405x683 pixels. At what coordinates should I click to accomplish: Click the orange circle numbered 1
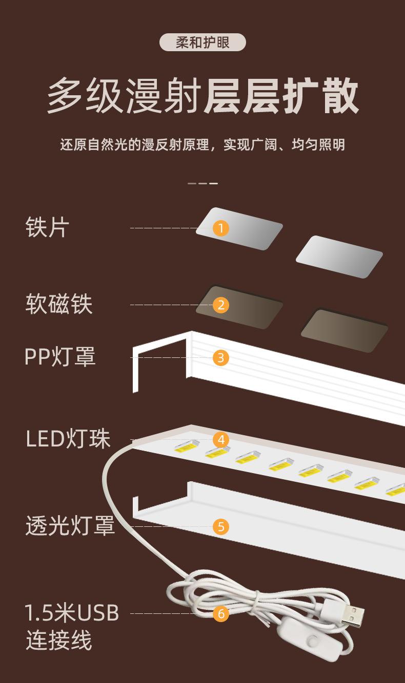[x=220, y=228]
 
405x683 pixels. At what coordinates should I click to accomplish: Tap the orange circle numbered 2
[x=220, y=305]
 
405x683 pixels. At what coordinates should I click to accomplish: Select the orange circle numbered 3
[x=220, y=357]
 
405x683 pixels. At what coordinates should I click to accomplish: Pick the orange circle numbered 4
[x=220, y=439]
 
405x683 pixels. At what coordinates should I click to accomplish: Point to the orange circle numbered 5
[x=220, y=526]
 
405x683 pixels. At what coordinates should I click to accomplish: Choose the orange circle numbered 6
[x=220, y=613]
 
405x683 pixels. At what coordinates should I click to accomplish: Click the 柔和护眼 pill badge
[x=202, y=42]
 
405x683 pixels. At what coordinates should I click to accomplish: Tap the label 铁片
[x=47, y=227]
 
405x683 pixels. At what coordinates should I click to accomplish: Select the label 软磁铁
[x=58, y=304]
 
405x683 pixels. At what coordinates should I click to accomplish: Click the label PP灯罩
[x=60, y=357]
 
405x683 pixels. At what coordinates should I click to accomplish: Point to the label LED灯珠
[x=68, y=439]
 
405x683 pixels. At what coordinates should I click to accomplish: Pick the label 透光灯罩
[x=70, y=526]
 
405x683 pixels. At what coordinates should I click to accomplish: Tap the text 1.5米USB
[x=72, y=613]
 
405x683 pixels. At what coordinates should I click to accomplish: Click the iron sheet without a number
[x=339, y=257]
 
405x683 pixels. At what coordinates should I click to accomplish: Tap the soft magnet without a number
[x=344, y=330]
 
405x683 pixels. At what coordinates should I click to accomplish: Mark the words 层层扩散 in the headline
[x=281, y=96]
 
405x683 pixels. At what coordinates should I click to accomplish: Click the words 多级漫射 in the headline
[x=123, y=96]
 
